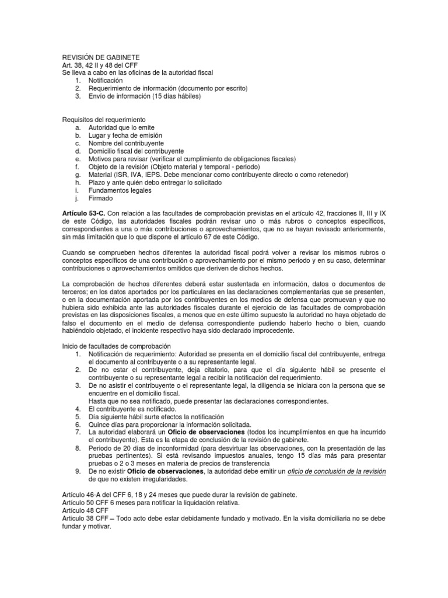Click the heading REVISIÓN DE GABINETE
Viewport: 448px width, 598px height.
coord(101,57)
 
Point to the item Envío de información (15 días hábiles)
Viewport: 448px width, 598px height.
coord(144,96)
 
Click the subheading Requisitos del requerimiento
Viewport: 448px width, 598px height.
coord(104,119)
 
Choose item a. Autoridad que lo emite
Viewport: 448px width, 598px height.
coord(121,127)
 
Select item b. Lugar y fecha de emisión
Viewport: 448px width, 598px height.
coord(125,135)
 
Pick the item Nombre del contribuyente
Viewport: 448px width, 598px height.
coord(125,143)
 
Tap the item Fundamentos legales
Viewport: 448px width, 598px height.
coord(120,190)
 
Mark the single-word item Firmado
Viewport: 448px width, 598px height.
coord(102,199)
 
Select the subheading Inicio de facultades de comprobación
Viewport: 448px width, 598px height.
coord(116,346)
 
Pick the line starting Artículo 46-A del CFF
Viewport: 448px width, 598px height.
coord(180,495)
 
